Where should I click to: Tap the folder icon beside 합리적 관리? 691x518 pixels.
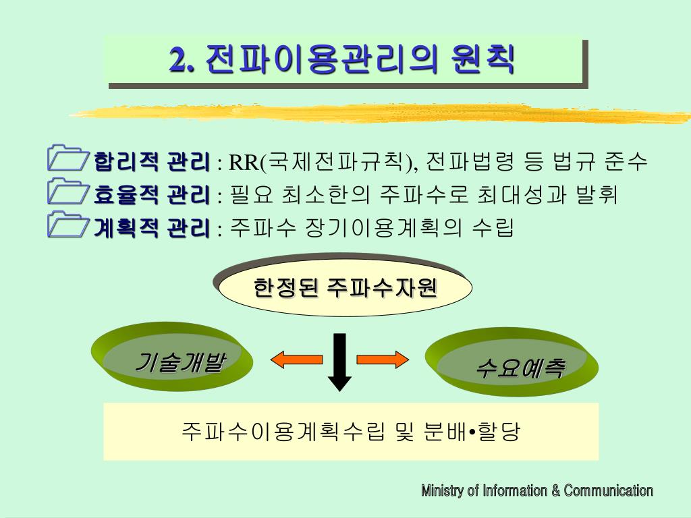pyautogui.click(x=67, y=159)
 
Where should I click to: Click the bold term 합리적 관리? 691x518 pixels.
pyautogui.click(x=152, y=163)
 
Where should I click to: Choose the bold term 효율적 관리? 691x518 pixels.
pyautogui.click(x=152, y=196)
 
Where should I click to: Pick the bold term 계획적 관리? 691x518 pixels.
pyautogui.click(x=152, y=229)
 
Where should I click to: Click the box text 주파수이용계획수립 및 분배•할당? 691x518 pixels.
pyautogui.click(x=351, y=431)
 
